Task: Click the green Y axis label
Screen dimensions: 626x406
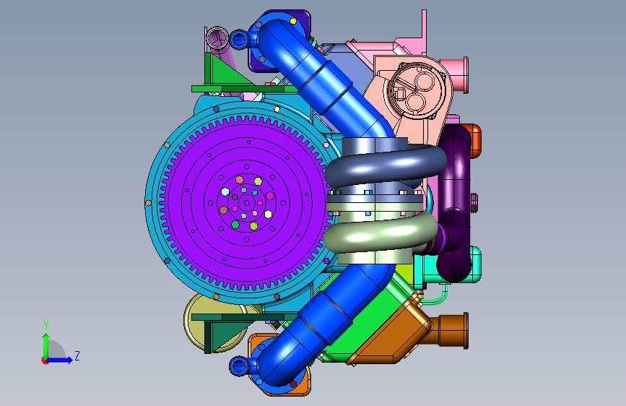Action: pos(46,325)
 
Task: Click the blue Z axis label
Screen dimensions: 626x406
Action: pos(77,355)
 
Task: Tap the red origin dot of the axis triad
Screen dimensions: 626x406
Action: pos(45,360)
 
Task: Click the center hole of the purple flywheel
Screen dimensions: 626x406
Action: pos(247,204)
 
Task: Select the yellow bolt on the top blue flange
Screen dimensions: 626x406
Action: pos(293,21)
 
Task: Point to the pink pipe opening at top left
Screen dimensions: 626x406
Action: pos(217,37)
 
